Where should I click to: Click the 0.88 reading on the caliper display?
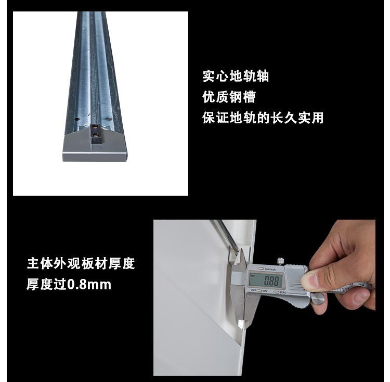coord(271,281)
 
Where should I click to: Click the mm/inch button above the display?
coord(261,269)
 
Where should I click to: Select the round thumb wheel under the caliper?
coord(318,298)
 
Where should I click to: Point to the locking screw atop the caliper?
coord(281,261)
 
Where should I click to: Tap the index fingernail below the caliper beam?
coord(361,298)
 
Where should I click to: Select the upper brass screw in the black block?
coord(95,127)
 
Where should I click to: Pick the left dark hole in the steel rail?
coord(77,119)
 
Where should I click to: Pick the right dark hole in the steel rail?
coord(108,119)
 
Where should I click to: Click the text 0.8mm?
coord(89,285)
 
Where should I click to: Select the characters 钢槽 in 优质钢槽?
coord(242,97)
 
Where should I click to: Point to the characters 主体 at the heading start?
coord(40,263)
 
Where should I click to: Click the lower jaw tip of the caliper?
coord(241,325)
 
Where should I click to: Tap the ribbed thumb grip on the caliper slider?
coord(294,287)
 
